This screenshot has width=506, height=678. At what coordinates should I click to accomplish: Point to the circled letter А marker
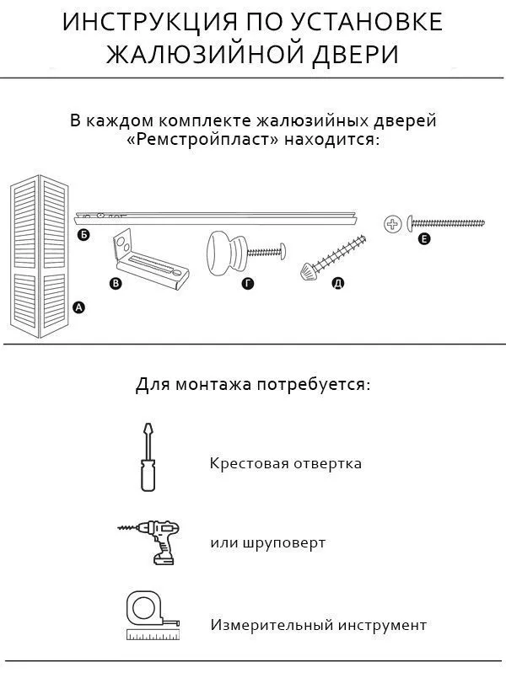click(79, 308)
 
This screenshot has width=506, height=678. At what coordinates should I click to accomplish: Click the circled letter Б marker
click(83, 235)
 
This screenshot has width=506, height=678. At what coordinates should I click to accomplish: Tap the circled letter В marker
click(116, 284)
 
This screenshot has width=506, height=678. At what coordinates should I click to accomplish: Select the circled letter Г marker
click(247, 284)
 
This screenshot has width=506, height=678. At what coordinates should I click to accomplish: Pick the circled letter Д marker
click(337, 284)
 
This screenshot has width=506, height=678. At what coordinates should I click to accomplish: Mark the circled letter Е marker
click(424, 240)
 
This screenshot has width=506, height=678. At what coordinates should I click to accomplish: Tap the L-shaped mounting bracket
click(147, 257)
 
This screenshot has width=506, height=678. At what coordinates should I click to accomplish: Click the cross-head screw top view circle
click(391, 223)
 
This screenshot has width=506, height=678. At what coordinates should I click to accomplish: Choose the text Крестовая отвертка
click(286, 463)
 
